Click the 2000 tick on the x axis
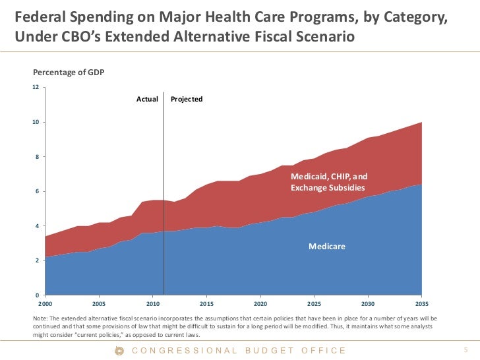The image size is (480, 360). (x=45, y=305)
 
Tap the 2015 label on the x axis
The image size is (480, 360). (x=206, y=305)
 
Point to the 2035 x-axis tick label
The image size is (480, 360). (x=422, y=305)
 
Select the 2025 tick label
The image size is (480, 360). (x=315, y=305)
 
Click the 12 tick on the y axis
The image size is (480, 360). (x=36, y=87)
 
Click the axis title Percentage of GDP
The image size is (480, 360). (x=68, y=73)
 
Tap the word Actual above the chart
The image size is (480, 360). (x=147, y=99)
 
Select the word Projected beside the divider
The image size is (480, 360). (x=187, y=99)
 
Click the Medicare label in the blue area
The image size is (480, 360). (x=327, y=247)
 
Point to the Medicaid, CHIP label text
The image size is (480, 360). (x=329, y=177)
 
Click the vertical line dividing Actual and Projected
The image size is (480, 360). (x=164, y=198)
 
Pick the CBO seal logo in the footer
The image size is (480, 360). (x=119, y=350)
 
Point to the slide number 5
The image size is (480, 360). (x=465, y=349)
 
